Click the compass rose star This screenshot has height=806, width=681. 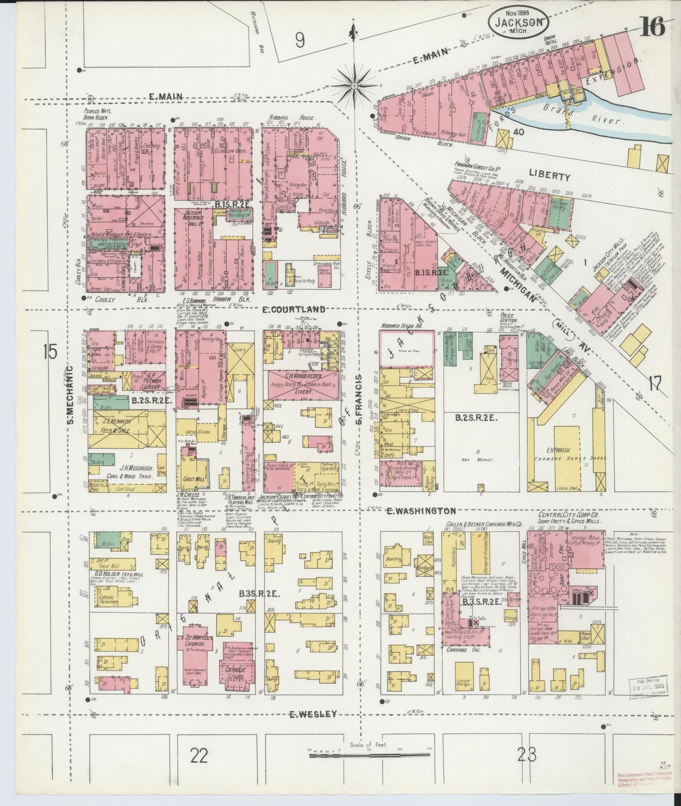[354, 85]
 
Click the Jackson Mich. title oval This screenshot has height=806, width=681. [517, 22]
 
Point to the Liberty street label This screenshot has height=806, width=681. [549, 177]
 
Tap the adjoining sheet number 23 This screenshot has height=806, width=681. [526, 755]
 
